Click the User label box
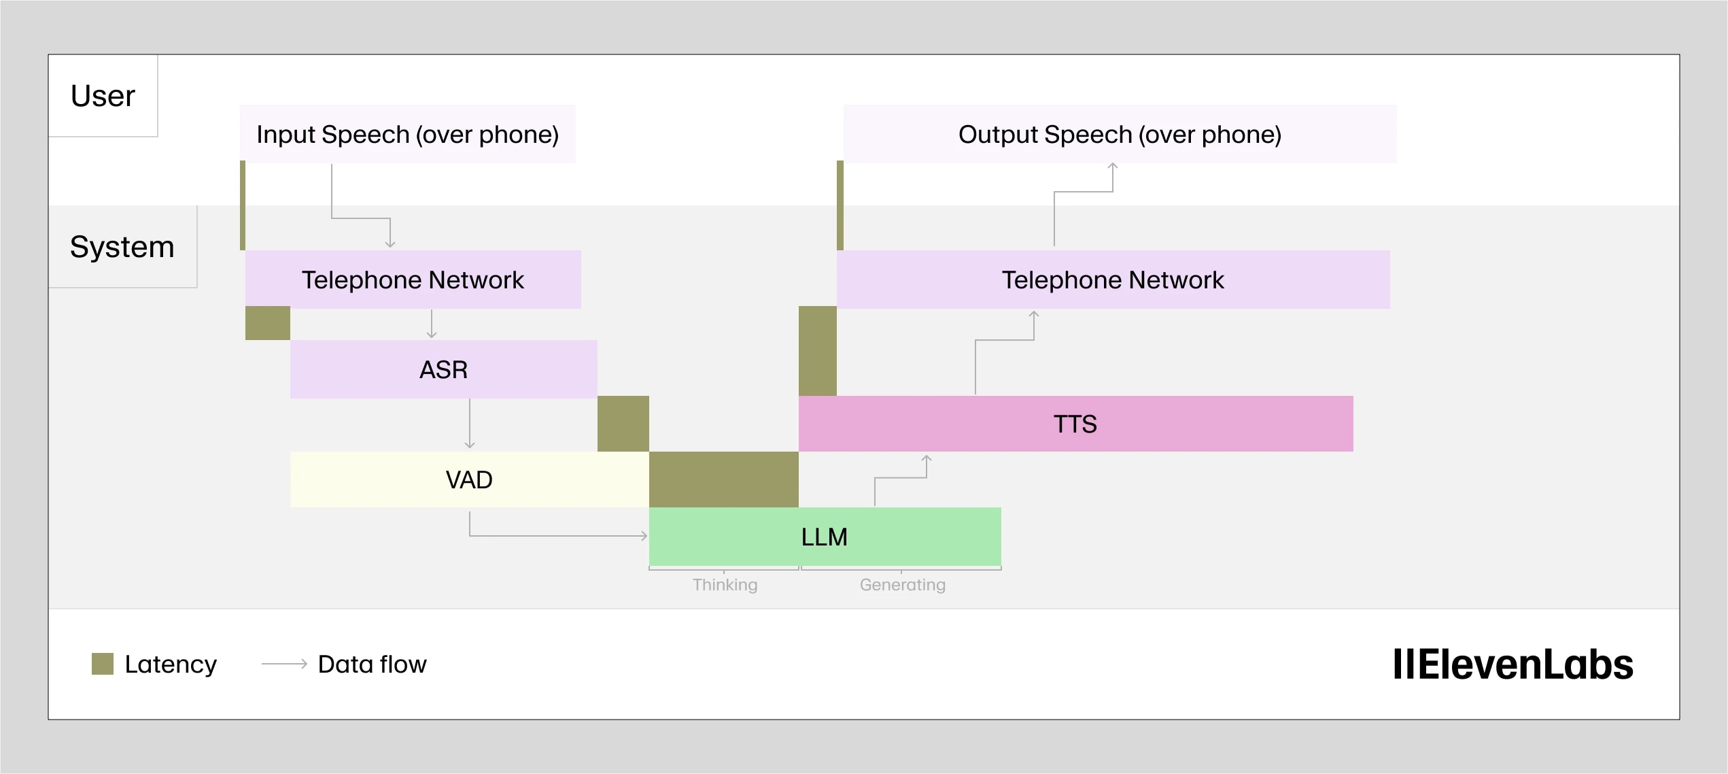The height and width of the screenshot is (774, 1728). (x=103, y=96)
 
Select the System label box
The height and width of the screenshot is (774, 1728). (x=122, y=247)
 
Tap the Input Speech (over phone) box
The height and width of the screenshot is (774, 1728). (x=407, y=134)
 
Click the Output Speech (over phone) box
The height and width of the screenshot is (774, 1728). (x=1120, y=134)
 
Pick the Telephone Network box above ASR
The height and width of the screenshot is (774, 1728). (x=413, y=280)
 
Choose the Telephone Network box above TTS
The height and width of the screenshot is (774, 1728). (x=1113, y=280)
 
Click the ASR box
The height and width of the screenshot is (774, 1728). (x=443, y=369)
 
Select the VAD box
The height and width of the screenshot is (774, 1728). (x=469, y=479)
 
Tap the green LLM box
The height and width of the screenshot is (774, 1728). (x=825, y=537)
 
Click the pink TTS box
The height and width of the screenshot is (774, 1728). (x=1075, y=424)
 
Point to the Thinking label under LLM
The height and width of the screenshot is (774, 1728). (x=725, y=585)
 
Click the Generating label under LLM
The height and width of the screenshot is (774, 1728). (x=902, y=585)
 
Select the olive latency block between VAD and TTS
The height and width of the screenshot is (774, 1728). (x=723, y=479)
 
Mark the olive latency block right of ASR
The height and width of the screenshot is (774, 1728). (x=623, y=424)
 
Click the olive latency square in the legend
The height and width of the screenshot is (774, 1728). (x=103, y=664)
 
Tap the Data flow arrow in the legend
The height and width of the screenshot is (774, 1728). (x=285, y=664)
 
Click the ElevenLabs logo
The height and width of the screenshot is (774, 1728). (x=1513, y=664)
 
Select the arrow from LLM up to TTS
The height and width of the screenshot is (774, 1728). (x=901, y=478)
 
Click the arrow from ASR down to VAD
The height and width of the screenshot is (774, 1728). (x=470, y=424)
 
